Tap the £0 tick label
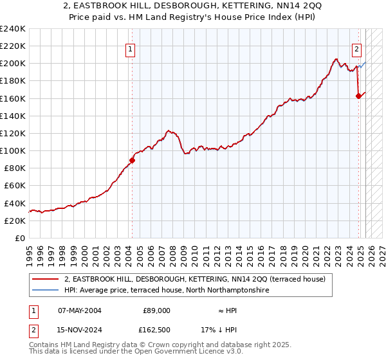[19, 238]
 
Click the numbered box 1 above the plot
[130, 48]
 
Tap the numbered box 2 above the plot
[356, 48]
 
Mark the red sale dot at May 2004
[132, 160]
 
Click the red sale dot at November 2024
[358, 96]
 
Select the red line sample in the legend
[46, 279]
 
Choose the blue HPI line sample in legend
[46, 290]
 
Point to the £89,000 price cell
[156, 310]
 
